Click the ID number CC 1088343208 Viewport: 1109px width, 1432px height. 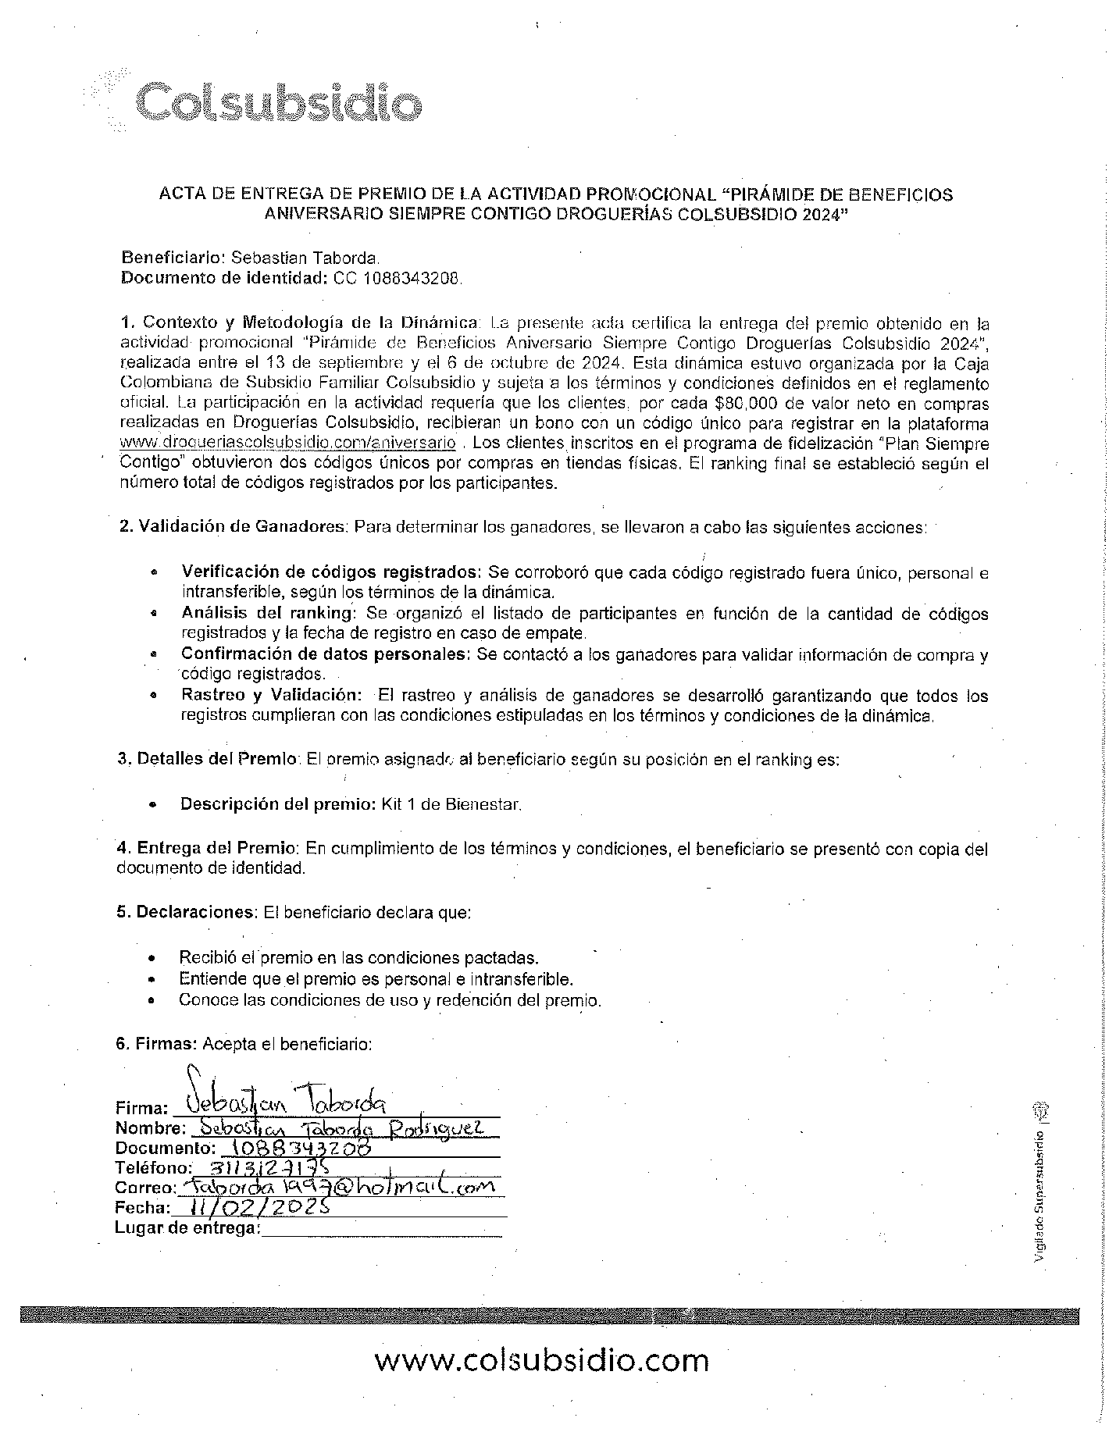pyautogui.click(x=398, y=278)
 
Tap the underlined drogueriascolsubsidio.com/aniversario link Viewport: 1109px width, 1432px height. pyautogui.click(x=288, y=443)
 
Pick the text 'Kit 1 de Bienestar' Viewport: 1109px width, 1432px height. pyautogui.click(x=451, y=803)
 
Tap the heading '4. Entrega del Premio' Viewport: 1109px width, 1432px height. pyautogui.click(x=207, y=848)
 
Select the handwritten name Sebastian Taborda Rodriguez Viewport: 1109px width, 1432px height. pyautogui.click(x=341, y=1127)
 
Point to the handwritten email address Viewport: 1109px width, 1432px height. pyautogui.click(x=337, y=1186)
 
